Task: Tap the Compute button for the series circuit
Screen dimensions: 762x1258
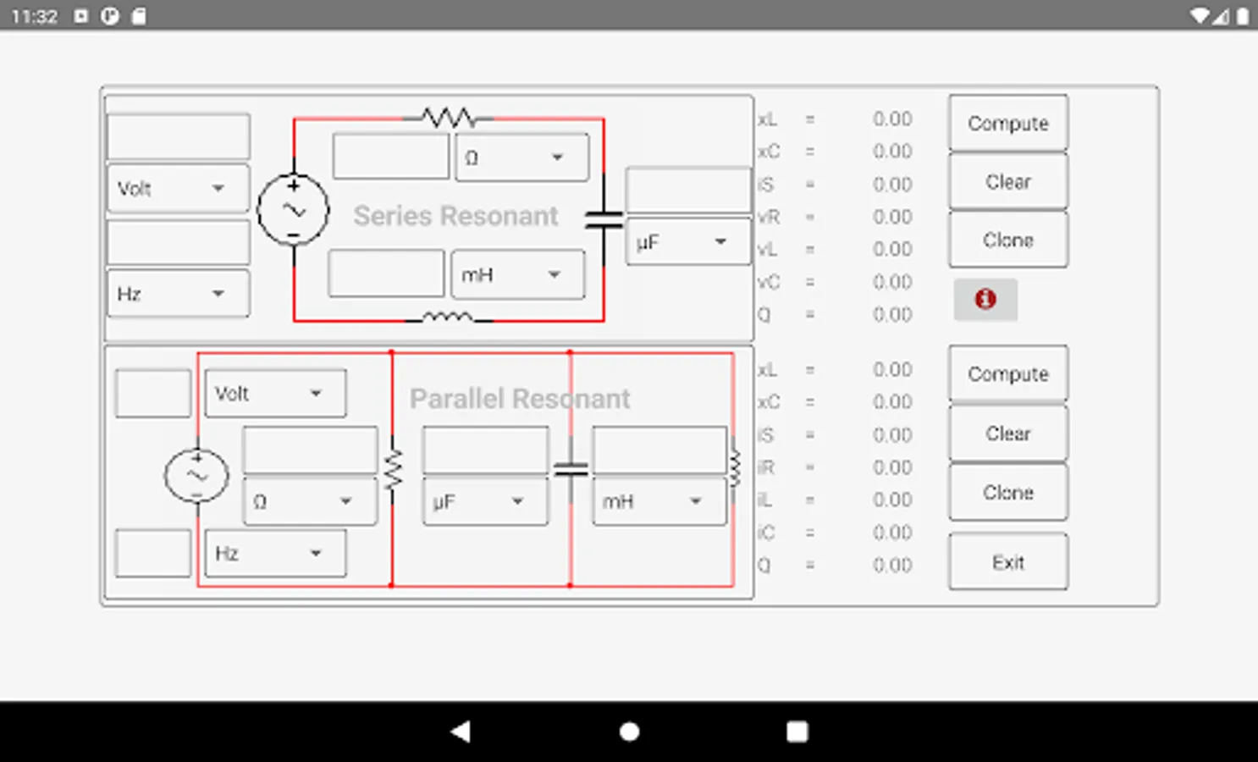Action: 1007,124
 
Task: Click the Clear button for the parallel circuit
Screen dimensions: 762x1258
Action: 1007,433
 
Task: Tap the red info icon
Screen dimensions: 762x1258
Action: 985,299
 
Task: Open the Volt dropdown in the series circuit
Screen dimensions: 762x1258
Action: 178,188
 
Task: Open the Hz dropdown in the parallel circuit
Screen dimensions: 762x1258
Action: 275,554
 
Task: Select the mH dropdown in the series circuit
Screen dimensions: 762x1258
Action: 517,275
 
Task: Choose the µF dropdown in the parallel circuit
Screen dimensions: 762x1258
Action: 485,502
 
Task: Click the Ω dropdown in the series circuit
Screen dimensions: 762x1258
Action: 521,158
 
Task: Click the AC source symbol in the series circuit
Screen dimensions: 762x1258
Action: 293,210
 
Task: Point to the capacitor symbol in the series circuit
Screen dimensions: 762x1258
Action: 604,220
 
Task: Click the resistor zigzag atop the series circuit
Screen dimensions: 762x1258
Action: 449,117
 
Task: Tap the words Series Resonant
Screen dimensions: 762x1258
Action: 455,216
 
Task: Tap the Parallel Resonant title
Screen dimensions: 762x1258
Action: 520,399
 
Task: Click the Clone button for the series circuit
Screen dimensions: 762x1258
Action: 1007,240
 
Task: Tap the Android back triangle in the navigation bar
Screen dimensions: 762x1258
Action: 461,732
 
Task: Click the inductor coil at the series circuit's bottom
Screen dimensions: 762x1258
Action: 448,317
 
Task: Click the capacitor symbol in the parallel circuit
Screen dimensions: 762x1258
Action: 571,468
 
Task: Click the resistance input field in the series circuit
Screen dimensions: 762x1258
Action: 390,157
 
